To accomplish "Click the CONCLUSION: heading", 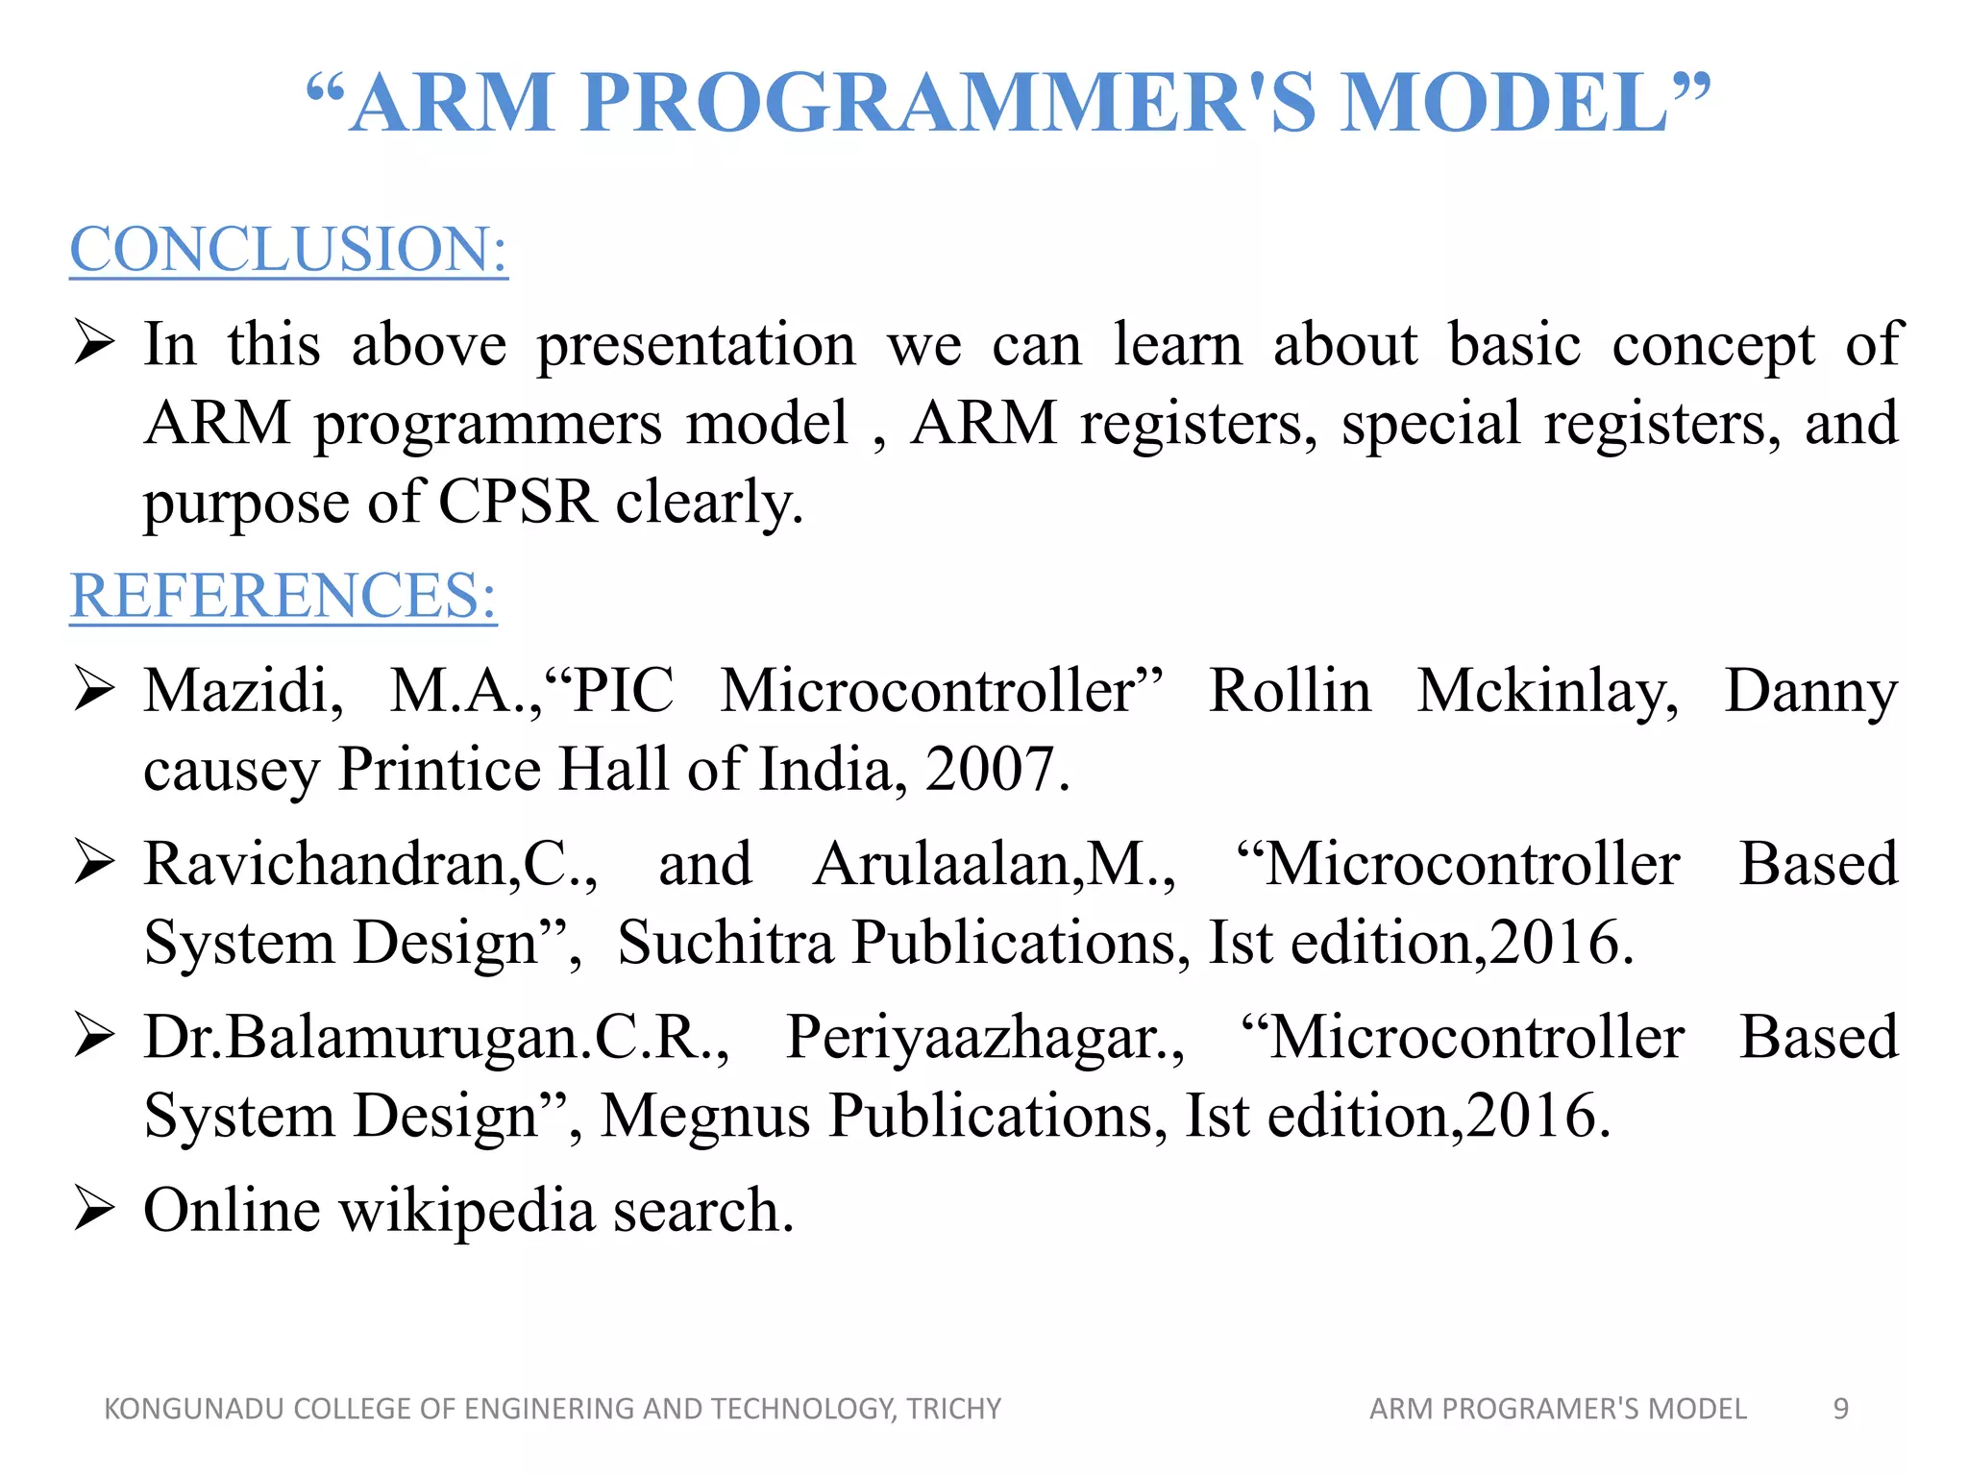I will tap(288, 250).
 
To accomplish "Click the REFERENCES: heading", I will tap(283, 596).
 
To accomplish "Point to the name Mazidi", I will tap(242, 692).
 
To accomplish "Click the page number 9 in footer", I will tap(1840, 1409).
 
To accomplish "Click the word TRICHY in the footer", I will tap(954, 1409).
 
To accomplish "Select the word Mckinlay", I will tap(1547, 692).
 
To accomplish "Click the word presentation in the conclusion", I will tap(696, 346).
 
